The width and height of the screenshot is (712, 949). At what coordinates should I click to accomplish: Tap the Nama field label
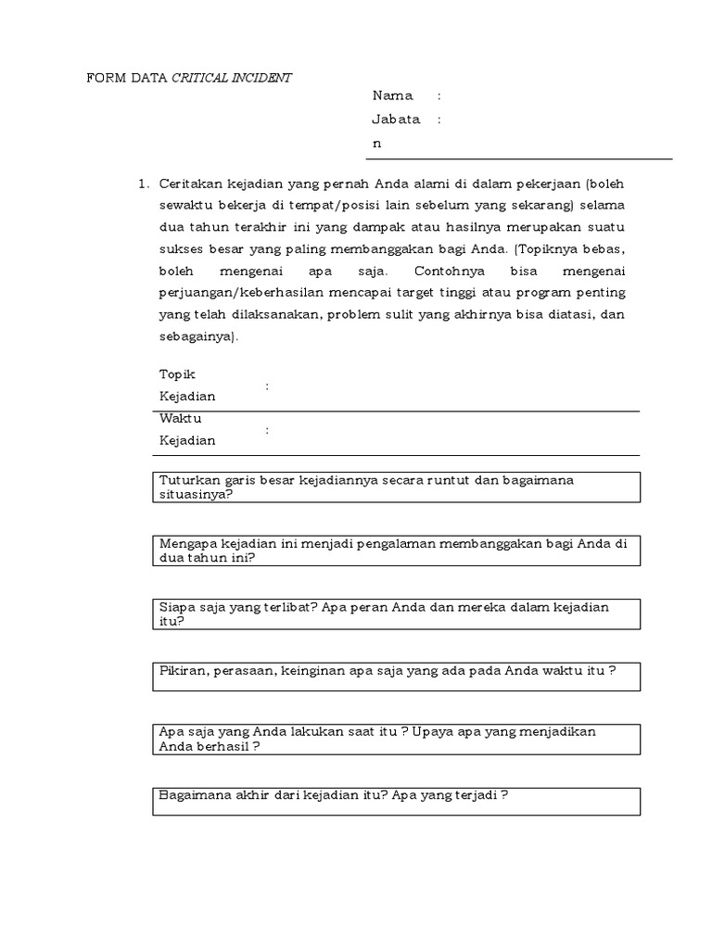click(x=392, y=95)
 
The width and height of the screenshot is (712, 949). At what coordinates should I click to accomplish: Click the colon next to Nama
click(x=439, y=95)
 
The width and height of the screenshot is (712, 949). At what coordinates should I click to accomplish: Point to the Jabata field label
click(x=396, y=120)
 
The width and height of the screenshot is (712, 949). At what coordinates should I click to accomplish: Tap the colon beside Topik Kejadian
click(x=267, y=386)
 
